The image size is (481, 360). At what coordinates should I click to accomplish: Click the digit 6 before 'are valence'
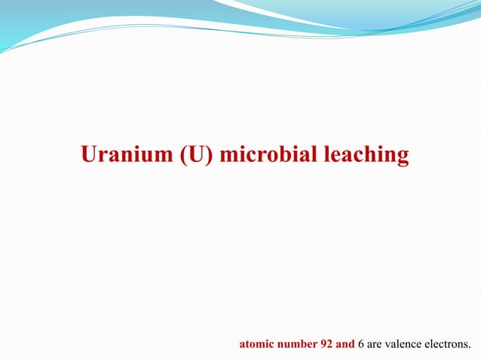click(x=361, y=345)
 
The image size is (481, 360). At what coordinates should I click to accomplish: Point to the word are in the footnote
click(x=375, y=346)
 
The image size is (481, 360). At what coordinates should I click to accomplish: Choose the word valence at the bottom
click(x=403, y=345)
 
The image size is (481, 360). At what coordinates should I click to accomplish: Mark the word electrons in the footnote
click(x=449, y=345)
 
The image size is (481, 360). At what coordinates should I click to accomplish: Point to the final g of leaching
click(x=403, y=158)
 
